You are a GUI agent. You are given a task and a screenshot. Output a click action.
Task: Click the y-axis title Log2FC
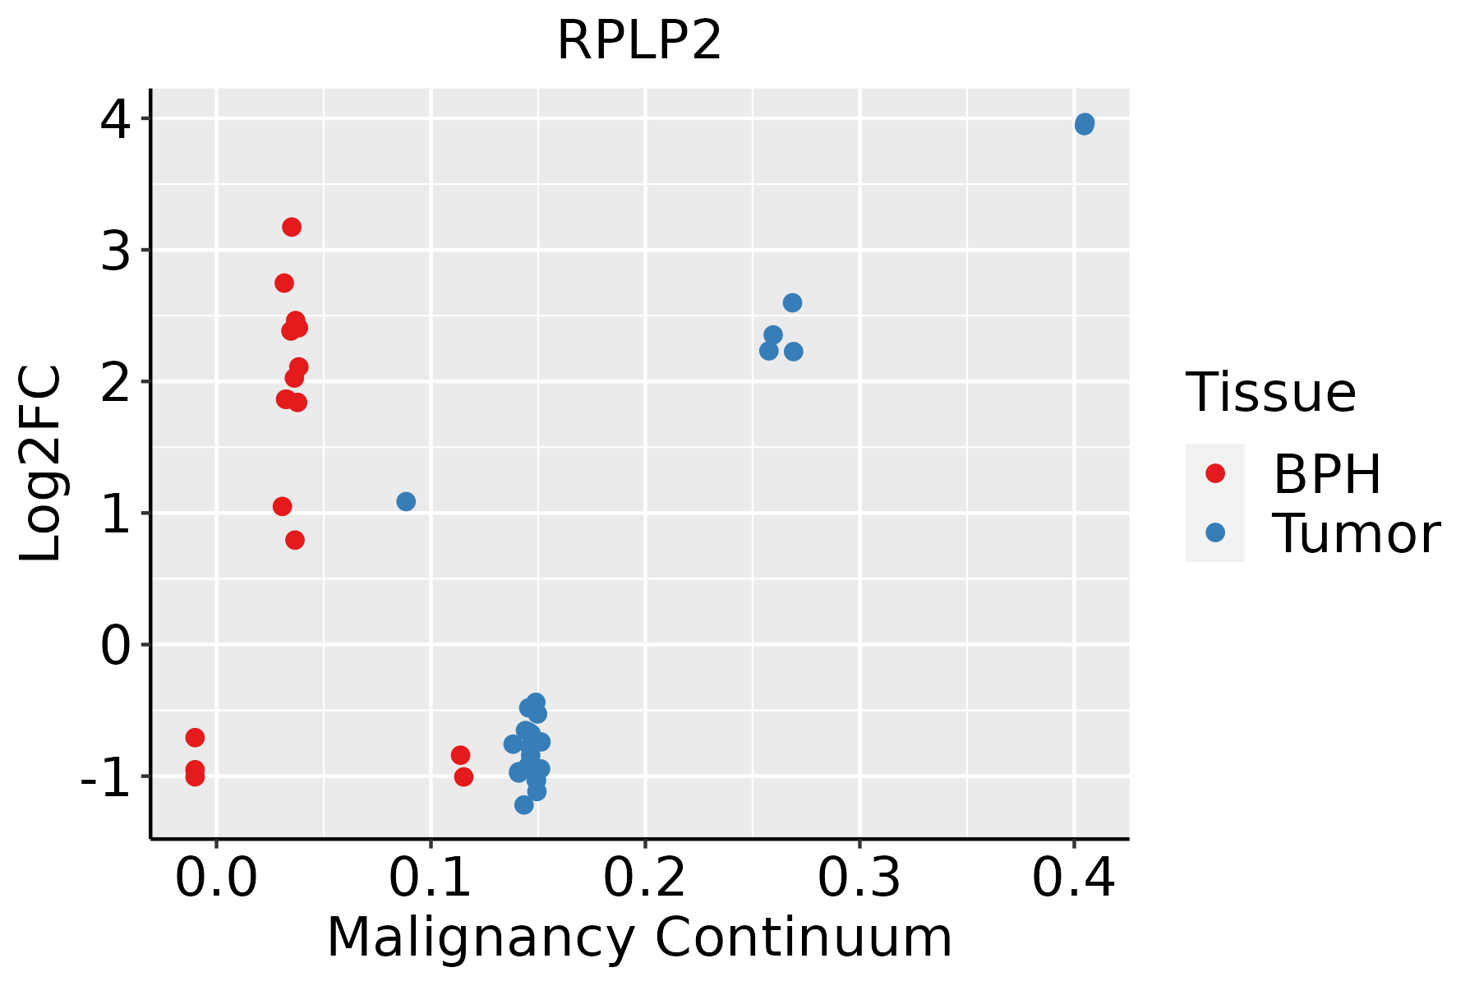(41, 463)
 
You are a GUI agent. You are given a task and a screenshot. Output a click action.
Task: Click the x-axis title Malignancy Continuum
(639, 938)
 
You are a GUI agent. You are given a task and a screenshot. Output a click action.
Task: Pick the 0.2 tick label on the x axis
(645, 878)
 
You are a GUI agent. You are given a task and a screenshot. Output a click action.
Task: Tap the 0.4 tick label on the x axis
(1073, 878)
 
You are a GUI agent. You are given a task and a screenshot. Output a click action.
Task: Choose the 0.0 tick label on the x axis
(216, 878)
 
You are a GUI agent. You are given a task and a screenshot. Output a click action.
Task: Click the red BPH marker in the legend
(1214, 473)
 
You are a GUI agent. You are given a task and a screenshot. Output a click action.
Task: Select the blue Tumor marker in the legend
(1214, 532)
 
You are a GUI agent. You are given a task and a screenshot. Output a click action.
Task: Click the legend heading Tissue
(1271, 392)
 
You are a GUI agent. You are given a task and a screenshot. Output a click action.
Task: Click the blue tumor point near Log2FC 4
(1084, 124)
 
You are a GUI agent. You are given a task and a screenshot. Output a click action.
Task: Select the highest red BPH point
(292, 227)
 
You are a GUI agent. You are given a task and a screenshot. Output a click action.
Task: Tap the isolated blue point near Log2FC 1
(406, 501)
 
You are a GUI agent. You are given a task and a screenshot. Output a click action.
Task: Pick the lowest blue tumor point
(524, 804)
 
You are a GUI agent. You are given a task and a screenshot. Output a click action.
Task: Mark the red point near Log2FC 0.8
(295, 540)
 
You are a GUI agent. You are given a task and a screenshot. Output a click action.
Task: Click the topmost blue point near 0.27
(792, 303)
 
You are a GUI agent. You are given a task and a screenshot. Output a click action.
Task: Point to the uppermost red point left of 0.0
(195, 737)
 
